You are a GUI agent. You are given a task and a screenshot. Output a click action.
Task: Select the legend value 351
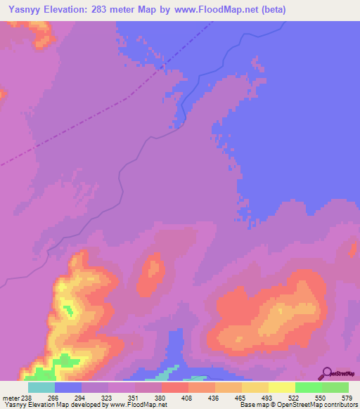pos(134,397)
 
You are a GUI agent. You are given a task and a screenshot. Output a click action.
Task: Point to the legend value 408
pos(188,397)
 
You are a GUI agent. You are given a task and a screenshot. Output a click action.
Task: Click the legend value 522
pos(295,397)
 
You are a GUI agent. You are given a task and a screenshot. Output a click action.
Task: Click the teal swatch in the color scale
pos(41,387)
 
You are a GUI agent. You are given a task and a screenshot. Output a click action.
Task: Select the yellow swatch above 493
pos(255,387)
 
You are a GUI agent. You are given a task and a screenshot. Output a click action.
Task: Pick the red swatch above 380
pos(174,387)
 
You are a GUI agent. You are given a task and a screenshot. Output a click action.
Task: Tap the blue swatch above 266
pos(68,387)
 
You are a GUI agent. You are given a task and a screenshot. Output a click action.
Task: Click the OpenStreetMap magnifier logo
pos(327,372)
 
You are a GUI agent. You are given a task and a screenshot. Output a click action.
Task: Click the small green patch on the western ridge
pos(68,309)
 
